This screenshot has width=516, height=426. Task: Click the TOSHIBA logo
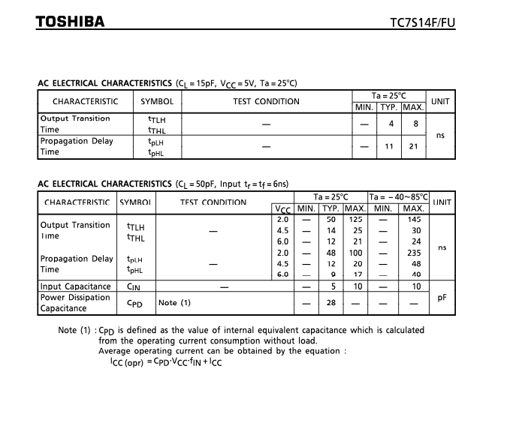click(x=70, y=21)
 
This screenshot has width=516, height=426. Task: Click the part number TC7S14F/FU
click(x=423, y=22)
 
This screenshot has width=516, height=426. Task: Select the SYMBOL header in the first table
click(x=157, y=101)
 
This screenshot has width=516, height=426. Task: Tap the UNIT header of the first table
click(x=440, y=101)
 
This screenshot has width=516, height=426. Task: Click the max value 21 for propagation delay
click(x=413, y=146)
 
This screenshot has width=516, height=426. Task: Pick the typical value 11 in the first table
click(x=389, y=146)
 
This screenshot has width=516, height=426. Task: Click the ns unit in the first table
click(x=440, y=135)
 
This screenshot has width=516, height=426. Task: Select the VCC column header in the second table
click(x=282, y=209)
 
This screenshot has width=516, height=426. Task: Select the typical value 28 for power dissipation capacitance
click(x=330, y=303)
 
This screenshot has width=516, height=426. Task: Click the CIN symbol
click(x=134, y=286)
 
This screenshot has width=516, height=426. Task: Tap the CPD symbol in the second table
click(x=134, y=303)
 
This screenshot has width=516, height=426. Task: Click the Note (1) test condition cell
click(x=174, y=303)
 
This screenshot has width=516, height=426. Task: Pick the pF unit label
click(x=442, y=297)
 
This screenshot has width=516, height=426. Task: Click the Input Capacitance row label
click(x=75, y=286)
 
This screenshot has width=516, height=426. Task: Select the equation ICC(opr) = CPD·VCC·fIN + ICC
click(x=165, y=362)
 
